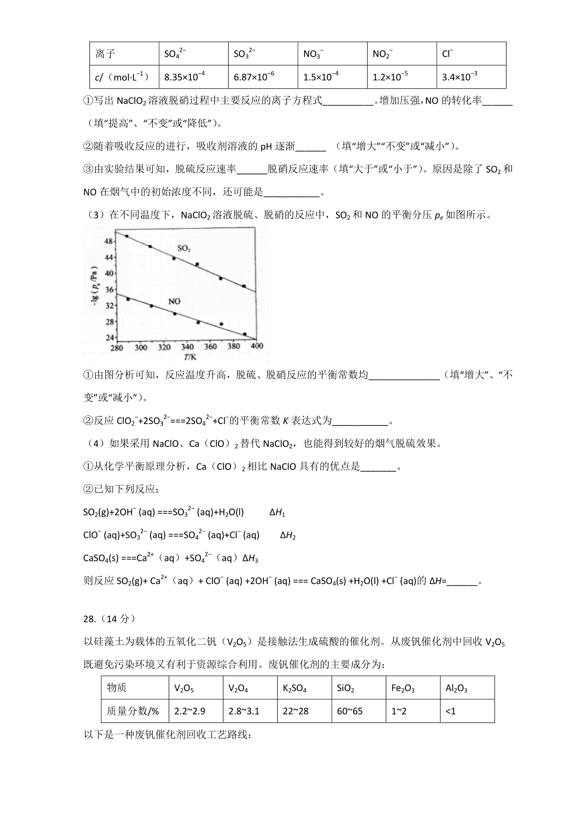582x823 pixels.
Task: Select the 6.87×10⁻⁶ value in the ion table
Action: [x=254, y=77]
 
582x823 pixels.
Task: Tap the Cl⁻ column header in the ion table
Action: [x=448, y=53]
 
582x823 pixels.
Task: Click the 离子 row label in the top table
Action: [x=105, y=53]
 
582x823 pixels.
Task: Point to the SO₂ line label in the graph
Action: [x=184, y=248]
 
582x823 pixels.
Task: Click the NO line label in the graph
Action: [x=174, y=301]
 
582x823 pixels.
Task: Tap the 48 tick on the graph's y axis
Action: [x=109, y=241]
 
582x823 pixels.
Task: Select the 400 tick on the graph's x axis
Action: [x=257, y=347]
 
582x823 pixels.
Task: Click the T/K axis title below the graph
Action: [x=190, y=357]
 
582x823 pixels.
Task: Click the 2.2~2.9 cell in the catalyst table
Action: [x=189, y=711]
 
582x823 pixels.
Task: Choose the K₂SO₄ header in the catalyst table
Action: [x=294, y=688]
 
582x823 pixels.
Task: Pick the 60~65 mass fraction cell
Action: [x=349, y=711]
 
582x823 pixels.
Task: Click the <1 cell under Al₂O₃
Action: [x=451, y=711]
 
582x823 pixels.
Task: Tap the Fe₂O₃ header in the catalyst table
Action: [x=403, y=688]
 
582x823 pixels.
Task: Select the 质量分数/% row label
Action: [x=133, y=711]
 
